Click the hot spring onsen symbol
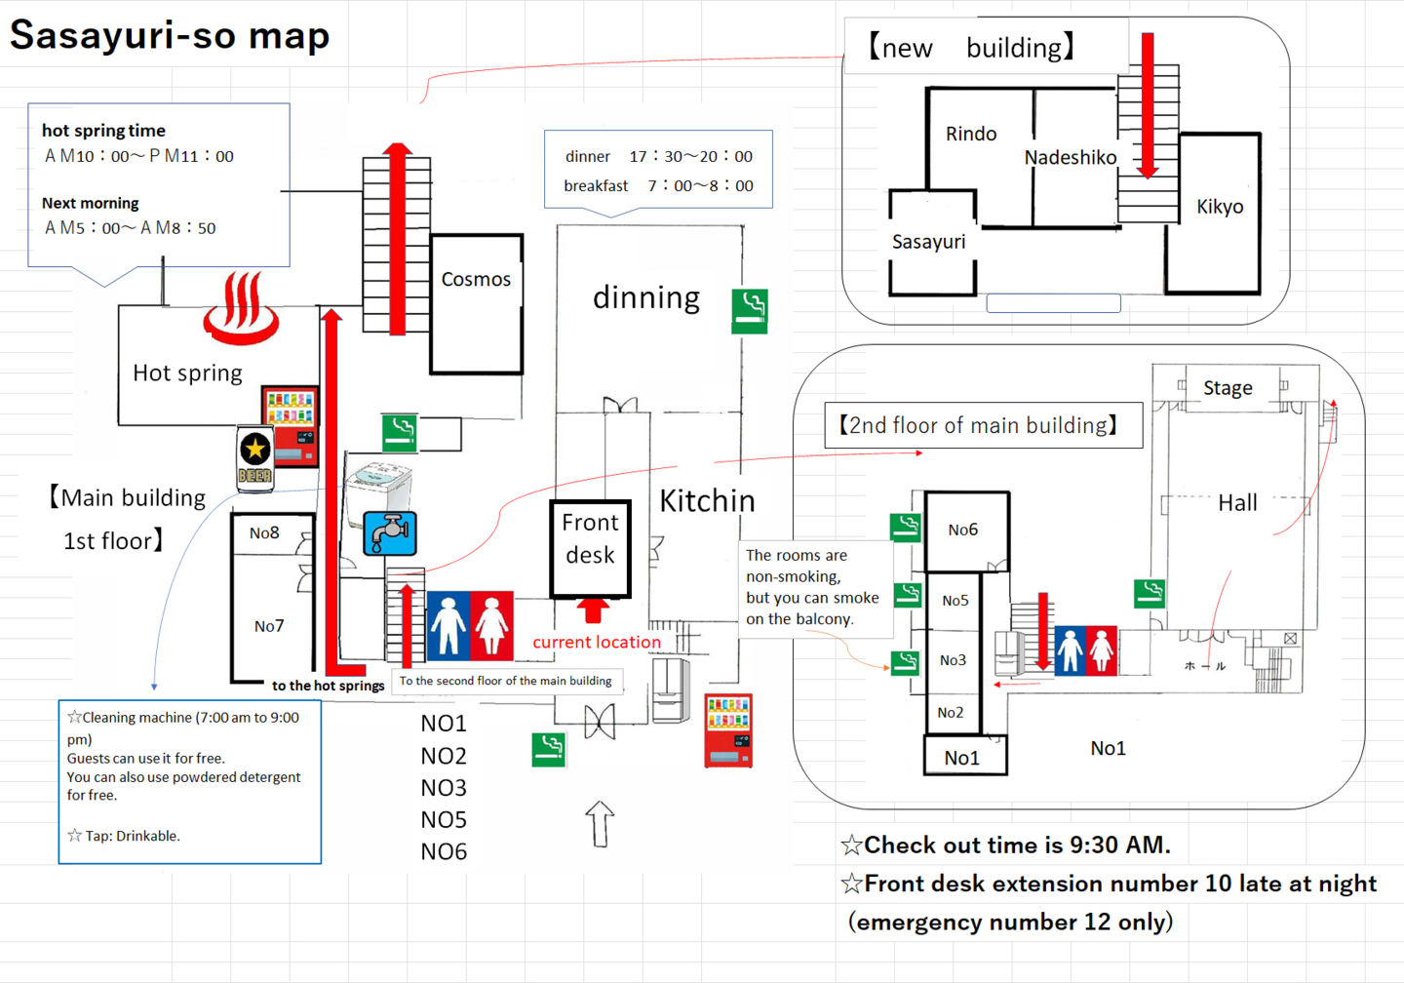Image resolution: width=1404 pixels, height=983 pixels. pyautogui.click(x=241, y=309)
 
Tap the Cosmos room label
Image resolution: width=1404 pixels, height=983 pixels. pyautogui.click(x=476, y=280)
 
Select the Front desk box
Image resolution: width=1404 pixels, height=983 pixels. pyautogui.click(x=590, y=549)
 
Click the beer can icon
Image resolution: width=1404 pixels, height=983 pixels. pyautogui.click(x=255, y=458)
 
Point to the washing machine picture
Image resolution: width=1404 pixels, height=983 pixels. pyautogui.click(x=380, y=485)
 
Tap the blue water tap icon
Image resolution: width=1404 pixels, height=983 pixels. pyautogui.click(x=390, y=533)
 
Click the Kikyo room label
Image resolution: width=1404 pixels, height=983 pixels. pyautogui.click(x=1220, y=207)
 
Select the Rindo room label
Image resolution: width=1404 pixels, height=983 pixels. pyautogui.click(x=971, y=135)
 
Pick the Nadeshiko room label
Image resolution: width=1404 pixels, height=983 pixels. pyautogui.click(x=1071, y=158)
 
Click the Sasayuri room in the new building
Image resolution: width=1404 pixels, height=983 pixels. pyautogui.click(x=929, y=242)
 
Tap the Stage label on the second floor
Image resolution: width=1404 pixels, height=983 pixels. pyautogui.click(x=1228, y=388)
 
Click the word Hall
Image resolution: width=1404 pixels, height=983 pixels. pyautogui.click(x=1237, y=503)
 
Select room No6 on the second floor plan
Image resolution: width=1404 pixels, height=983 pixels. pyautogui.click(x=963, y=531)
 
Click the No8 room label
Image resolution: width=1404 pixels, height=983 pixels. pyautogui.click(x=264, y=533)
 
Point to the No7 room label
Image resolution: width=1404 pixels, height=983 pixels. pyautogui.click(x=269, y=626)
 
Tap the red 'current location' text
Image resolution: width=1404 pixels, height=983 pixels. pyautogui.click(x=597, y=643)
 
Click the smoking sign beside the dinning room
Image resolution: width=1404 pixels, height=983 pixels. pyautogui.click(x=750, y=311)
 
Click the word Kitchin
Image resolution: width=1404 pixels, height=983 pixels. pyautogui.click(x=708, y=501)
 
